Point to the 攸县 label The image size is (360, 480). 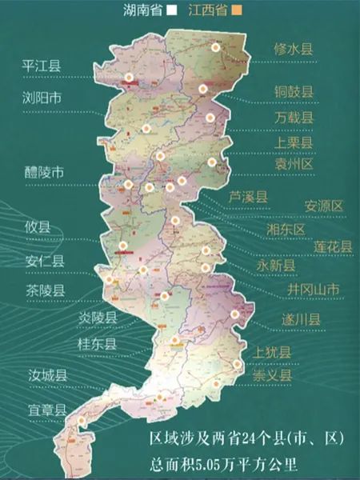[x=37, y=227]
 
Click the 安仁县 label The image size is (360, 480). [x=42, y=260]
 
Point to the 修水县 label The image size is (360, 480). [x=294, y=49]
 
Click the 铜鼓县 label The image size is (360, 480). [x=294, y=90]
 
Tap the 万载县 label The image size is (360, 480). [x=294, y=118]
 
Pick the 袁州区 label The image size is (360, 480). [x=294, y=163]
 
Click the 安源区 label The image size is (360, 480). [x=323, y=206]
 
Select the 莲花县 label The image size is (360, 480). [x=333, y=247]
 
